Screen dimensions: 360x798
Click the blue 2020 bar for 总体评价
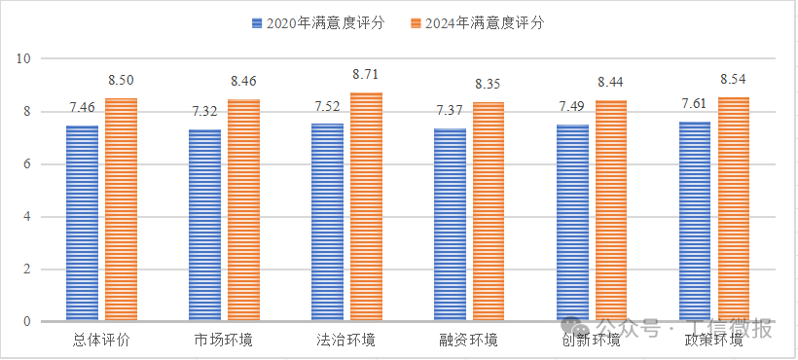pos(82,223)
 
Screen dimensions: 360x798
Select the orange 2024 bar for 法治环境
pos(366,206)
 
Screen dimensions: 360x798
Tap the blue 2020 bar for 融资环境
pos(450,225)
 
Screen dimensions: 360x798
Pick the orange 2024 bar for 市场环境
pos(243,210)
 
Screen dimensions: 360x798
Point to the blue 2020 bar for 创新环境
pos(572,223)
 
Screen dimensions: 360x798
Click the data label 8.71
pos(366,74)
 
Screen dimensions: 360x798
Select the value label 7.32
pos(204,112)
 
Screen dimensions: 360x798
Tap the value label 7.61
pos(695,104)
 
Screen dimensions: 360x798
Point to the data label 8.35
pos(489,85)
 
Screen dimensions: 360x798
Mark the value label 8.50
pos(121,80)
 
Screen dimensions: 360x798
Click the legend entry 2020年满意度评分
pos(316,22)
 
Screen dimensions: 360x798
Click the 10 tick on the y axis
pos(25,59)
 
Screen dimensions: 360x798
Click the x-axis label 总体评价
pos(101,340)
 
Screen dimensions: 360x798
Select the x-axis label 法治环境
pos(346,340)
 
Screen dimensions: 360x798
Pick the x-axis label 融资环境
pos(469,340)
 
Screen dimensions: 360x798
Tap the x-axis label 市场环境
pos(224,340)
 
